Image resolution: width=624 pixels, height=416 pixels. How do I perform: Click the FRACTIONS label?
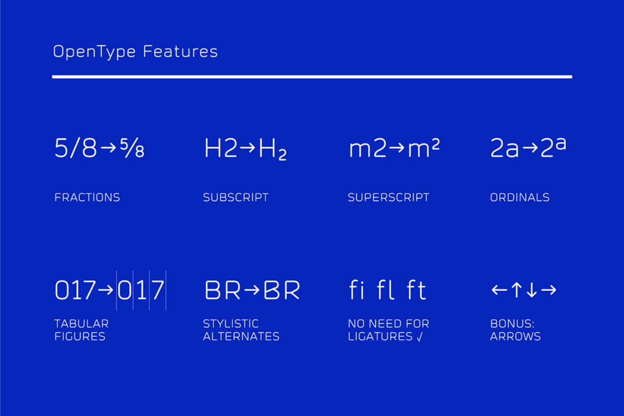[x=87, y=197]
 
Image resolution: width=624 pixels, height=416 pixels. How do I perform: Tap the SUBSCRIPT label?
[x=236, y=197]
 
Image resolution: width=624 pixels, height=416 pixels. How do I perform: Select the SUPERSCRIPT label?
[x=388, y=197]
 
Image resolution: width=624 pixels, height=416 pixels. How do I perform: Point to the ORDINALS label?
[x=520, y=197]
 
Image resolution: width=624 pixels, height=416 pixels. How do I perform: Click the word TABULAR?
[x=82, y=323]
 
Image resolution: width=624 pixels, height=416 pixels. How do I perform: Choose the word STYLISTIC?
[x=231, y=323]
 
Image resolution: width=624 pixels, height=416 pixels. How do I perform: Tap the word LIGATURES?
[x=380, y=336]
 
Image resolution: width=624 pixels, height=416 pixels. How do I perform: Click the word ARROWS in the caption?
[x=516, y=336]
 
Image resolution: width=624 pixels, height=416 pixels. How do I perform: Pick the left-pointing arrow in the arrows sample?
[x=499, y=290]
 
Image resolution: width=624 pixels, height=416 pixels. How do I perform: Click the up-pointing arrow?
[x=517, y=290]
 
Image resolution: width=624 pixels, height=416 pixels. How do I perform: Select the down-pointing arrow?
[x=531, y=290]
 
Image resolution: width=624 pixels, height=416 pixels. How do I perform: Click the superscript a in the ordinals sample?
[x=561, y=143]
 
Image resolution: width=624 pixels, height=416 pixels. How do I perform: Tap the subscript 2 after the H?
[x=282, y=154]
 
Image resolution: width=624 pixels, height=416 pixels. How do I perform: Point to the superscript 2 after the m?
[x=435, y=143]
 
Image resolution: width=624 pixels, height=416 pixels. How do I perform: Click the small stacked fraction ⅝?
[x=132, y=148]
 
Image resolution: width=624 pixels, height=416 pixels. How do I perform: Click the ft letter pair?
[x=416, y=290]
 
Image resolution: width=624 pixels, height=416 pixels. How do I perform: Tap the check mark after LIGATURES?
[x=419, y=337]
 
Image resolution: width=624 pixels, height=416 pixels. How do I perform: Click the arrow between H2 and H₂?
[x=247, y=148]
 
